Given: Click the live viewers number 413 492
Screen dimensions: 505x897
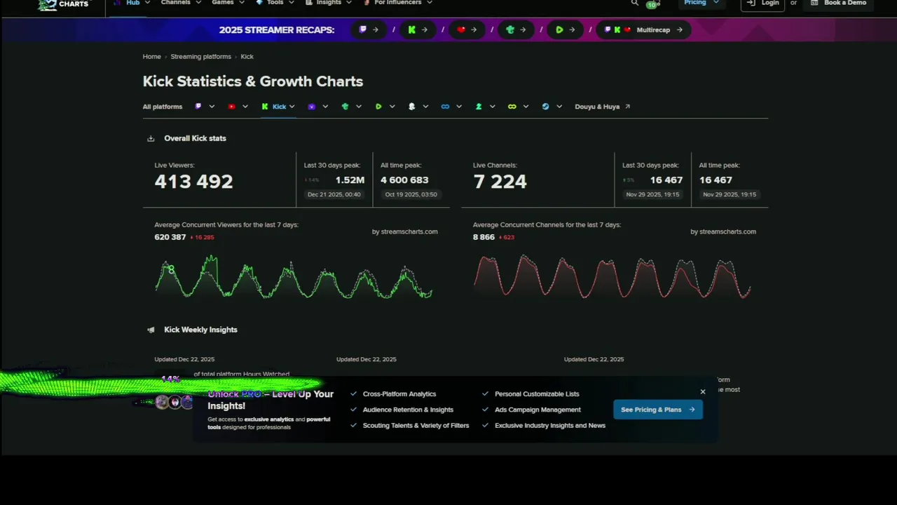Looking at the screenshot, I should (x=193, y=182).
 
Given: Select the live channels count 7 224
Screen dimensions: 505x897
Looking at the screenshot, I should (x=500, y=182).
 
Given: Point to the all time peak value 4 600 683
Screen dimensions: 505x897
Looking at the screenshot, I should (x=404, y=180).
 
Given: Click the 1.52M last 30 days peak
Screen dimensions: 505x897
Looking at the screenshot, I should (x=350, y=180).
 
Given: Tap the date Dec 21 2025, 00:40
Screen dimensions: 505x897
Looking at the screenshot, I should (x=334, y=194).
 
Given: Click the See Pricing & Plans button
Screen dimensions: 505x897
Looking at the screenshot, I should (x=657, y=410).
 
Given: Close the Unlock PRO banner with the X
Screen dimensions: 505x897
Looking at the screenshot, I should (x=703, y=392).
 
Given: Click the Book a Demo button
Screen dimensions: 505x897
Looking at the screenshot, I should (x=838, y=4).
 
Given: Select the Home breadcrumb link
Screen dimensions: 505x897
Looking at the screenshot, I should (x=151, y=57).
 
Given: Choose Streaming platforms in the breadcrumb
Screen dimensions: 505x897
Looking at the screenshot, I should (x=200, y=57).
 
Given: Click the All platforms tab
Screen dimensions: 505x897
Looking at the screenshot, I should (x=163, y=107).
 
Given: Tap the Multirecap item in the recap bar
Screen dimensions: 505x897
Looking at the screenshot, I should (x=653, y=30).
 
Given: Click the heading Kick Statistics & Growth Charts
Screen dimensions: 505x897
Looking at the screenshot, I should (x=253, y=81).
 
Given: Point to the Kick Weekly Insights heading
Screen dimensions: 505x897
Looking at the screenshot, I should (x=200, y=330).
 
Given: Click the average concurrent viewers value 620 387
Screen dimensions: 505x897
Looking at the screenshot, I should (x=170, y=237).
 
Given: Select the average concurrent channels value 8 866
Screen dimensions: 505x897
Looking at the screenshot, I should (x=484, y=237).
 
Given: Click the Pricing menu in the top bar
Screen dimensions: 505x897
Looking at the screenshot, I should (x=695, y=4).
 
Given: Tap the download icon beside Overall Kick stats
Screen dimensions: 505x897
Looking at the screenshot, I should (x=151, y=139).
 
